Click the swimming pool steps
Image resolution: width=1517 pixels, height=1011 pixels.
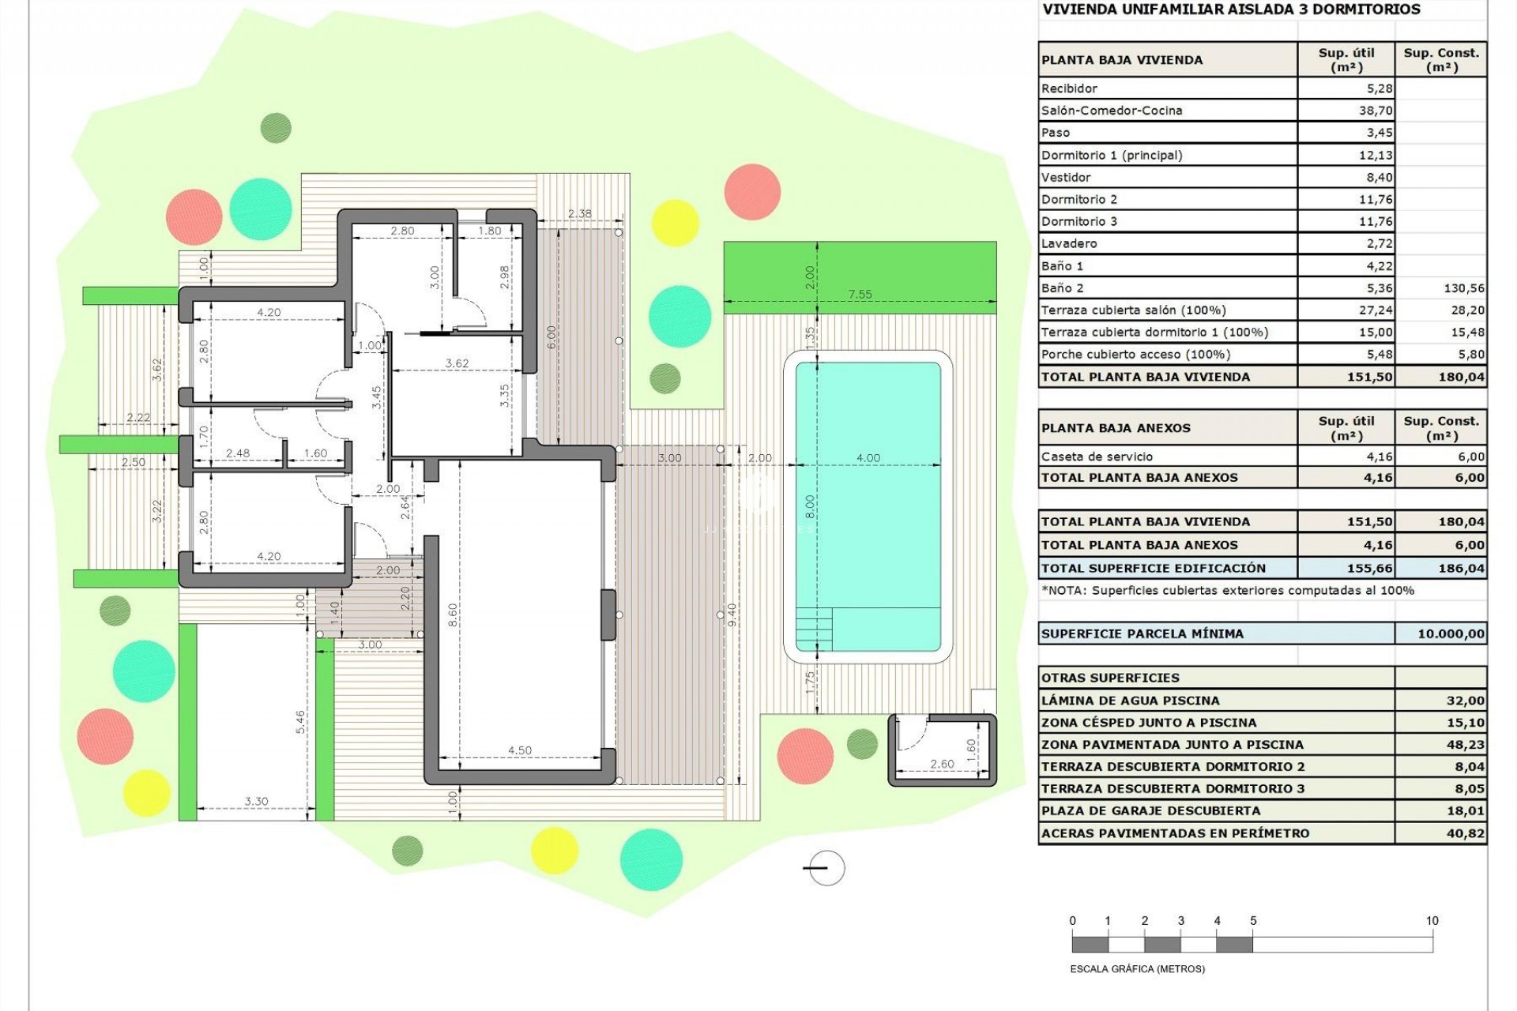pyautogui.click(x=814, y=629)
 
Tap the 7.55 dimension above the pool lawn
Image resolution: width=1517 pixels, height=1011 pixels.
pyautogui.click(x=860, y=294)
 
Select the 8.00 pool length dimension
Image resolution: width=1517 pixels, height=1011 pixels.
pyautogui.click(x=809, y=505)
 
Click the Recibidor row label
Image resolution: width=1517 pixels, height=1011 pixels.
pyautogui.click(x=1069, y=88)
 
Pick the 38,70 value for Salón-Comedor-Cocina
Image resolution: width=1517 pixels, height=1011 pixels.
pyautogui.click(x=1376, y=111)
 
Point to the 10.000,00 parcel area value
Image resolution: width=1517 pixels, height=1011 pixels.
pyautogui.click(x=1451, y=633)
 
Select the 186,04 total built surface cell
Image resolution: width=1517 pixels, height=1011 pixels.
pyautogui.click(x=1461, y=568)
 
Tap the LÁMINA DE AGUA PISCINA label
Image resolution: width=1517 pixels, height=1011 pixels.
pyautogui.click(x=1130, y=701)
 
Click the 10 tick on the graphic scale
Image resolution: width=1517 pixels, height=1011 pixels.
pyautogui.click(x=1432, y=921)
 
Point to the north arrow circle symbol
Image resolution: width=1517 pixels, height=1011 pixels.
pyautogui.click(x=826, y=868)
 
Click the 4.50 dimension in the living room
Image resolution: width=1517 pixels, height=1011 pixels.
pyautogui.click(x=519, y=750)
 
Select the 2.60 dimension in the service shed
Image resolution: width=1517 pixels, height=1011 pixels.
pyautogui.click(x=942, y=764)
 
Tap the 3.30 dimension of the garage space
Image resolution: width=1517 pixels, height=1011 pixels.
pyautogui.click(x=256, y=801)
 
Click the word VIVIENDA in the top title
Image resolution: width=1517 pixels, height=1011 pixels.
pyautogui.click(x=1075, y=9)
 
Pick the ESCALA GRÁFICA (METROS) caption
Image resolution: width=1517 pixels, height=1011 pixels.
pyautogui.click(x=1137, y=969)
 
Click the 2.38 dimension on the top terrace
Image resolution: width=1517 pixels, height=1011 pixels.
pyautogui.click(x=579, y=213)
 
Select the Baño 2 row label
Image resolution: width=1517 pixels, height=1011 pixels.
pyautogui.click(x=1062, y=288)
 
